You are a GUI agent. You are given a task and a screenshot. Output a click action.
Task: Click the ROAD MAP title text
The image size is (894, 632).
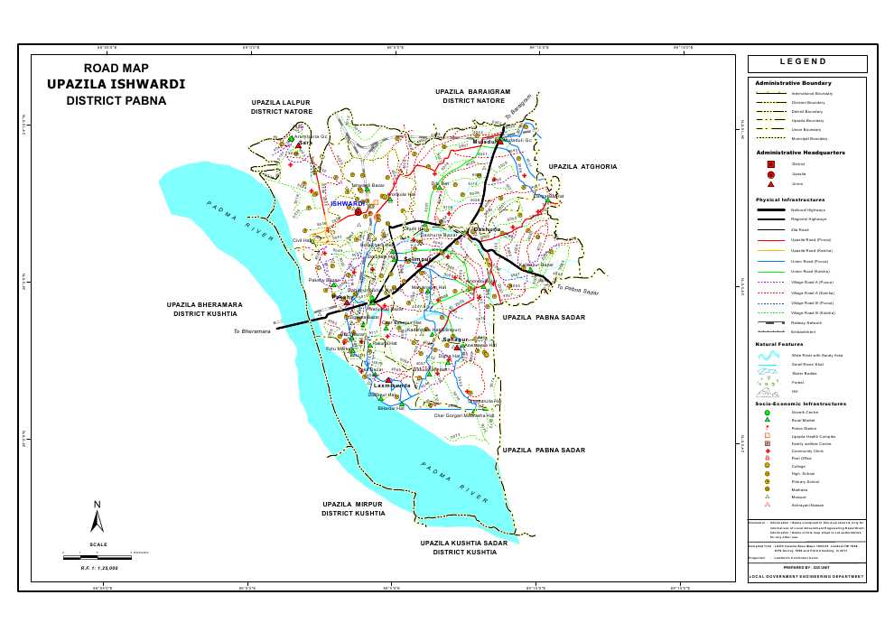pyautogui.click(x=116, y=69)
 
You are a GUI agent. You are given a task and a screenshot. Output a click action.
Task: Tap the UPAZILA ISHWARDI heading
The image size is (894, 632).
pyautogui.click(x=116, y=84)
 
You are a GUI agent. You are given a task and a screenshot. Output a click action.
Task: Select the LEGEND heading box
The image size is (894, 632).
pyautogui.click(x=807, y=63)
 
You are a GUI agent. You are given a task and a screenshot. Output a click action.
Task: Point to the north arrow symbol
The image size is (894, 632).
pyautogui.click(x=98, y=518)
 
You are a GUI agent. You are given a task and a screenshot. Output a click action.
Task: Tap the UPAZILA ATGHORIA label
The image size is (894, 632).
pyautogui.click(x=583, y=167)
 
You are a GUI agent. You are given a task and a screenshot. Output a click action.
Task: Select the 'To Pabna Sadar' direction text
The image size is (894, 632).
pyautogui.click(x=578, y=290)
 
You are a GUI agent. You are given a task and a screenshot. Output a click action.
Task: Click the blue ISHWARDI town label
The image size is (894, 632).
pyautogui.click(x=348, y=204)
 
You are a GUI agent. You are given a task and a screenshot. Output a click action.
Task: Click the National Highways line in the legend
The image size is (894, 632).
pyautogui.click(x=769, y=209)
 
